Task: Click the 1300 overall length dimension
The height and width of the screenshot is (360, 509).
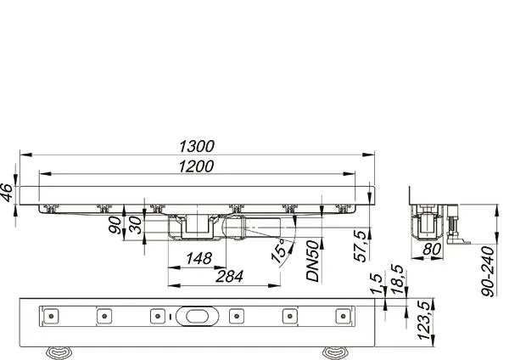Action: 197,146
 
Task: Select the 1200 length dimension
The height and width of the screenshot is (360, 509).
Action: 197,167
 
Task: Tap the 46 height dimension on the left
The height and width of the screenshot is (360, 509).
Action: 8,194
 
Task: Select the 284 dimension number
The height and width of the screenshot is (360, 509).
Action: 227,277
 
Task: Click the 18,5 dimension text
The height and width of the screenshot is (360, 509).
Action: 395,280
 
